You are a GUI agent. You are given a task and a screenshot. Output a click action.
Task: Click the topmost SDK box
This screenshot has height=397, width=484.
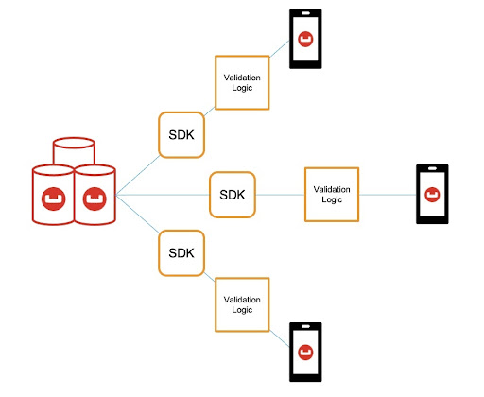coord(181,135)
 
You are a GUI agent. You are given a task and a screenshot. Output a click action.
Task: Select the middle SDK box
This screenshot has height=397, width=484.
coord(233,195)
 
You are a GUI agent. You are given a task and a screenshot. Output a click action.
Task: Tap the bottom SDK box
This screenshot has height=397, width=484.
coord(181,253)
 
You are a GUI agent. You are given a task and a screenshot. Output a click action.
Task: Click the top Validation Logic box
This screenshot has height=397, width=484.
coord(242,82)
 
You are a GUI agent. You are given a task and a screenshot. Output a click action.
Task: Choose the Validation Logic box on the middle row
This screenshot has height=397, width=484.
coord(332,195)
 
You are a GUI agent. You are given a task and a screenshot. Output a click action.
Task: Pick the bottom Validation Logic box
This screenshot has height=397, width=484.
coord(242,304)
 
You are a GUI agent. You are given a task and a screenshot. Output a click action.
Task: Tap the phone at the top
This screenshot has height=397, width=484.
coord(305,39)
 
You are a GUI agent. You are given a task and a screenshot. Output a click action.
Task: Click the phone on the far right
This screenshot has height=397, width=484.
coord(432,194)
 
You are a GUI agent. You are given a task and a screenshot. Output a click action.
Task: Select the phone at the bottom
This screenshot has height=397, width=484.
coord(305,352)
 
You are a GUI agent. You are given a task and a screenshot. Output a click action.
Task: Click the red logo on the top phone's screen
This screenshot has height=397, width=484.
coord(305,40)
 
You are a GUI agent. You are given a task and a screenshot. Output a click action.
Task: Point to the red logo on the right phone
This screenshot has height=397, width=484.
coord(432,195)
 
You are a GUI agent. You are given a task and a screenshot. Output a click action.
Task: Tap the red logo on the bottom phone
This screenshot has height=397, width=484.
coord(305,353)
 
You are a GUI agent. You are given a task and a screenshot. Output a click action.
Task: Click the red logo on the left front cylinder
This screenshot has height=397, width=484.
coord(54,198)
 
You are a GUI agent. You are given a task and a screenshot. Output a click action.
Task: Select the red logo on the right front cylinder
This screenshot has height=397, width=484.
coord(95,198)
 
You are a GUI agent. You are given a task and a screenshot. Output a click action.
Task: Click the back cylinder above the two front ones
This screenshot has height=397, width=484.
coord(74,143)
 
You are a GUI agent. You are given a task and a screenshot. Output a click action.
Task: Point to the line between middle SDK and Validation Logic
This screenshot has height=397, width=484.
coord(280,195)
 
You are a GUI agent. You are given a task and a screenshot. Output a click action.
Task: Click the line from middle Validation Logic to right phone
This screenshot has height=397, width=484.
coord(388,195)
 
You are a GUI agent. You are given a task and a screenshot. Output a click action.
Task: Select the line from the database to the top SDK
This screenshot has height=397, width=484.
coord(138,175)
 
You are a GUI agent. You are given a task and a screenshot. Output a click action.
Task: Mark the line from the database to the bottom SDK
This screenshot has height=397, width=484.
coord(138,214)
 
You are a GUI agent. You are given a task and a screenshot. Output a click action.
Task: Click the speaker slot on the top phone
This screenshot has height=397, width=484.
coord(305,13)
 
